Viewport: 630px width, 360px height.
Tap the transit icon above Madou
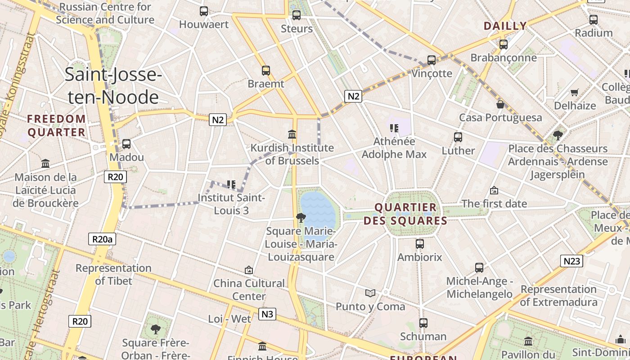pos(126,144)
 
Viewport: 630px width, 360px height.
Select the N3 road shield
pos(267,314)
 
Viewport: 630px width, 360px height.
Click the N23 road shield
pos(571,261)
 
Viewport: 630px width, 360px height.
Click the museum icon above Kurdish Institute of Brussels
pos(292,134)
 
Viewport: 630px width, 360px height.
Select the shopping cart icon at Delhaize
pos(575,93)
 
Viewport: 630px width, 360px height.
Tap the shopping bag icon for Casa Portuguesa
pos(500,104)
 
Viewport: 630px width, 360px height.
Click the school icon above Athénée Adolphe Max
pos(394,128)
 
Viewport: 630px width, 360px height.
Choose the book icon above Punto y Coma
pos(370,293)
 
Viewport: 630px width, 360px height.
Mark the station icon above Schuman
pos(423,323)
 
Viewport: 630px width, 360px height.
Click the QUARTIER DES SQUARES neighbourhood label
pos(405,214)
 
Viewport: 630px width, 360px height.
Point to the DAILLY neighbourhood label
pos(505,26)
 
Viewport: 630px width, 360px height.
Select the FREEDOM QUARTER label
pos(56,126)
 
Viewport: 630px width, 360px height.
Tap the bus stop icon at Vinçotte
pos(431,60)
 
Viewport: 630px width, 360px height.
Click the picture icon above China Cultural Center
pos(249,270)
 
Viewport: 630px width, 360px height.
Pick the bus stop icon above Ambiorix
pos(420,244)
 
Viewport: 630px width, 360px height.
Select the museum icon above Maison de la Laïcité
pos(45,163)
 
